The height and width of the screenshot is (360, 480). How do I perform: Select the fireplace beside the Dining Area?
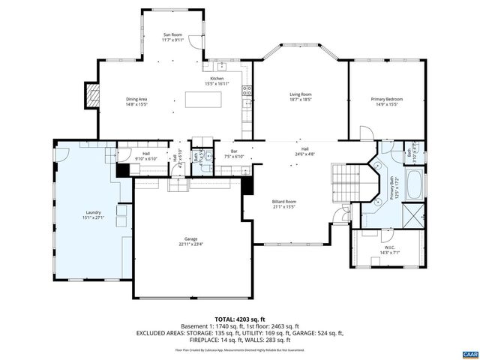click(92, 94)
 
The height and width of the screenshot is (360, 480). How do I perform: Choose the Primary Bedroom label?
click(387, 99)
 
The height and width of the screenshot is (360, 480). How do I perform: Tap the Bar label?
click(233, 151)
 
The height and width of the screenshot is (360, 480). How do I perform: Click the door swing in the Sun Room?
click(193, 42)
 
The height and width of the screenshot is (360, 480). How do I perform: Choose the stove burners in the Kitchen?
click(245, 92)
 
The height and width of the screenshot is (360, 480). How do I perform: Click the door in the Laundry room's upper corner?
click(61, 153)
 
